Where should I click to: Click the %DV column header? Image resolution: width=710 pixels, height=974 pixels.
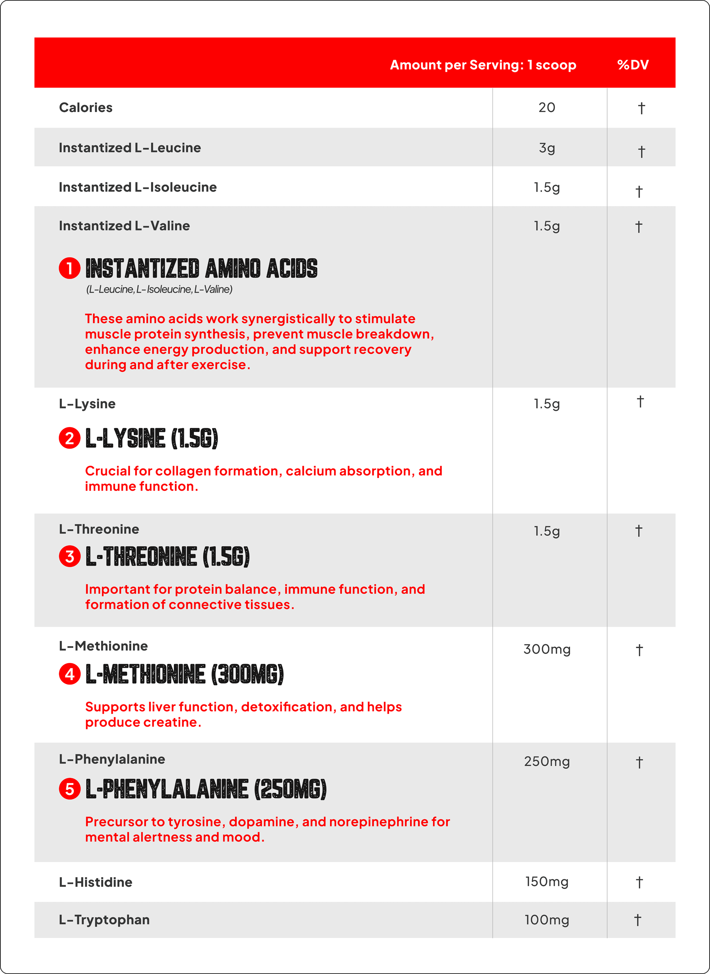(633, 65)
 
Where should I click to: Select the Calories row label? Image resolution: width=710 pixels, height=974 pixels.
(85, 108)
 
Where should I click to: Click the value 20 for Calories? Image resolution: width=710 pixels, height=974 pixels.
(547, 108)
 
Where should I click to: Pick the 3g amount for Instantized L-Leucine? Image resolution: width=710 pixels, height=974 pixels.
(547, 148)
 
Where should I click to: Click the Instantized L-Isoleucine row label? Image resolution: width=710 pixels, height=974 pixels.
(137, 187)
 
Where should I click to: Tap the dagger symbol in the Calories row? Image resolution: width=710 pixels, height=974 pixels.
(641, 108)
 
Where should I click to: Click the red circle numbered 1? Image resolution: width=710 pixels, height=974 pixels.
(70, 268)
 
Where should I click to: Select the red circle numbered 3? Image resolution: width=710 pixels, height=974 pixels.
(70, 557)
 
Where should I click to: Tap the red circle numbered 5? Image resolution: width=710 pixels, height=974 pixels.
(70, 789)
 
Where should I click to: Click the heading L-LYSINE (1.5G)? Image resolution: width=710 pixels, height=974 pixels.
(152, 439)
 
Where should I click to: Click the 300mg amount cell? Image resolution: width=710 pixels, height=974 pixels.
(547, 649)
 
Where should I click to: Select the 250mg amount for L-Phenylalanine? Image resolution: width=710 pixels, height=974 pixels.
(547, 762)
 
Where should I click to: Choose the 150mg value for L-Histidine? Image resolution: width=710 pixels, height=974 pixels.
(547, 882)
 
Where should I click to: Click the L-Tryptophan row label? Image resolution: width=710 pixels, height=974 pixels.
(104, 920)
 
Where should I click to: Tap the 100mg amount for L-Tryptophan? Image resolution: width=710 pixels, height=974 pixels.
(547, 920)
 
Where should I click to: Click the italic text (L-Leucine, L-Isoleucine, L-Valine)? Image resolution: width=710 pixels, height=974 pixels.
(159, 289)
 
